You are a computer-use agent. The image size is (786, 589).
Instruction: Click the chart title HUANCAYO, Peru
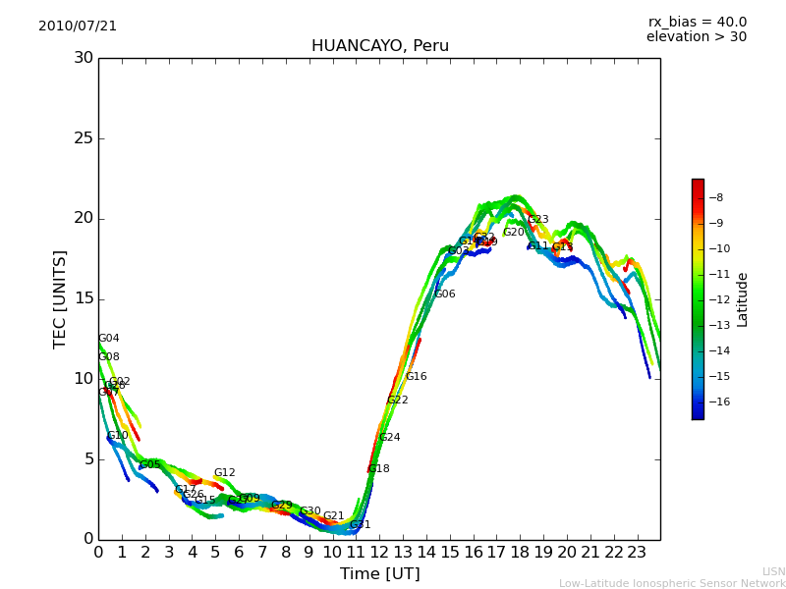379,46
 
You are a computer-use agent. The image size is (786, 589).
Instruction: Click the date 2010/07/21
78,27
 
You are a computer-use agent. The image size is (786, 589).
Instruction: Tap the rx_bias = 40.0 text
697,23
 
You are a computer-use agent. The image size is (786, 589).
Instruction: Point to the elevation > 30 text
696,37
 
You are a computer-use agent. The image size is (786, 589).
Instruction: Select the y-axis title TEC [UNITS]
61,298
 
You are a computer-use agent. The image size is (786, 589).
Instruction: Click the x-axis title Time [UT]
379,574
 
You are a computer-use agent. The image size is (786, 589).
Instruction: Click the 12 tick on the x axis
379,553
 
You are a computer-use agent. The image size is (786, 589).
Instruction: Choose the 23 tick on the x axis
637,553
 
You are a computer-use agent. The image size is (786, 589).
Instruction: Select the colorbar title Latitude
743,298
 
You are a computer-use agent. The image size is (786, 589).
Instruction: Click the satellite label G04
108,339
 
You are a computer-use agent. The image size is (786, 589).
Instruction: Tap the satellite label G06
444,294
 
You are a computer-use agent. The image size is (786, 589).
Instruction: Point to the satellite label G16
416,377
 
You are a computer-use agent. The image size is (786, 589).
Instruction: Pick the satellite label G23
537,220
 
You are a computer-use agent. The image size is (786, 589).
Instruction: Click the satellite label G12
224,473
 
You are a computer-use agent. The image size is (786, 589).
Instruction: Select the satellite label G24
389,438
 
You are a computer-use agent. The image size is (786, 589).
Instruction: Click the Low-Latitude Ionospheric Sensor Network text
672,583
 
